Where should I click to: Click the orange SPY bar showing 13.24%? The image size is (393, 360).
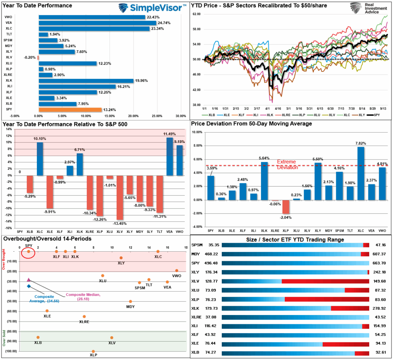(x=70, y=109)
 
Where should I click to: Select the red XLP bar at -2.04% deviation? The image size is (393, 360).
(x=285, y=207)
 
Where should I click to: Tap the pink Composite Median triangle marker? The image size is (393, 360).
(x=29, y=280)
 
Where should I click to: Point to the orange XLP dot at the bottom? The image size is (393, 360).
(x=93, y=351)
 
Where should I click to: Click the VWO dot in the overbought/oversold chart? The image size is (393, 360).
(x=177, y=270)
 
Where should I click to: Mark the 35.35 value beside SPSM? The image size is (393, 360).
(x=213, y=245)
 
